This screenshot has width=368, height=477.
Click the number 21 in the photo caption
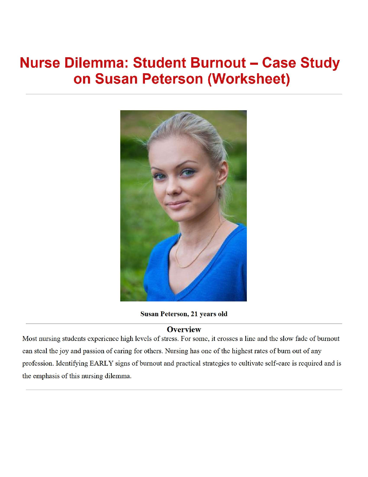coord(194,314)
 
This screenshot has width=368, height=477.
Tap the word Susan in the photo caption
coord(149,314)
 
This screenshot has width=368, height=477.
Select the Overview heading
coord(184,329)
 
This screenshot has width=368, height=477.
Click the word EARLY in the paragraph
coord(101,363)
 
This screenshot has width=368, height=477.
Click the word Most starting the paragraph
coord(29,339)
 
